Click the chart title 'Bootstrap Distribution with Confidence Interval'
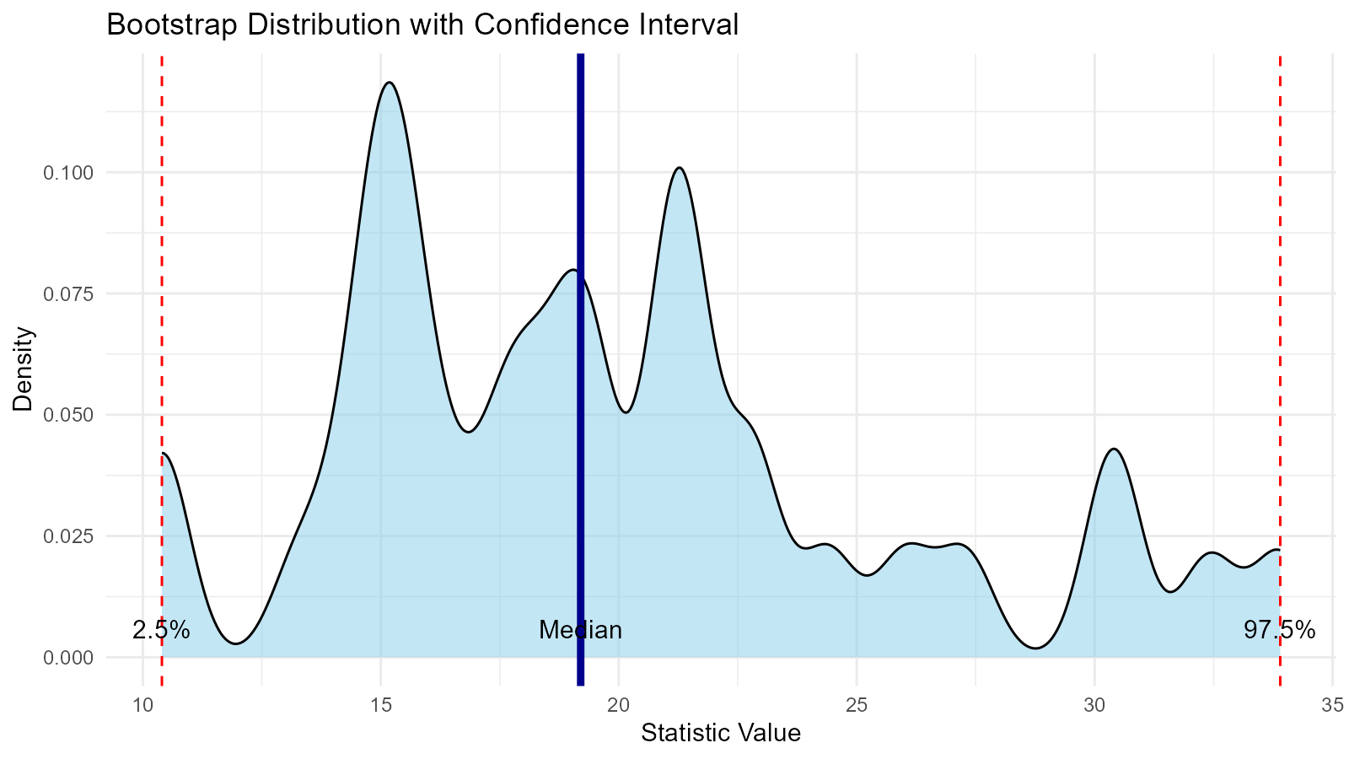pyautogui.click(x=422, y=25)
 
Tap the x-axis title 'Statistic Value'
pyautogui.click(x=721, y=733)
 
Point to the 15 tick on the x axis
pyautogui.click(x=381, y=703)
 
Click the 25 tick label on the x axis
pyautogui.click(x=857, y=703)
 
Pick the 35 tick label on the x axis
pyautogui.click(x=1332, y=703)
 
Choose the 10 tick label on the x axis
pyautogui.click(x=142, y=703)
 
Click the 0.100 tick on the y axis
pyautogui.click(x=69, y=173)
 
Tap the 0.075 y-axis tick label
pyautogui.click(x=69, y=293)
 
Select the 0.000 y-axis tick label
pyautogui.click(x=69, y=657)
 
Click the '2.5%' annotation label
pyautogui.click(x=161, y=630)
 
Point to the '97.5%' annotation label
pyautogui.click(x=1279, y=630)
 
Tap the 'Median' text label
pyautogui.click(x=580, y=630)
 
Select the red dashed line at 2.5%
pyautogui.click(x=161, y=253)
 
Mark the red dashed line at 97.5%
pyautogui.click(x=1280, y=253)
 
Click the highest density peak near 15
pyautogui.click(x=389, y=83)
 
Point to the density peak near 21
pyautogui.click(x=680, y=168)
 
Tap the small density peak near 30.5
pyautogui.click(x=1115, y=449)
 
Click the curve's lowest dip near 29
pyautogui.click(x=1036, y=648)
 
